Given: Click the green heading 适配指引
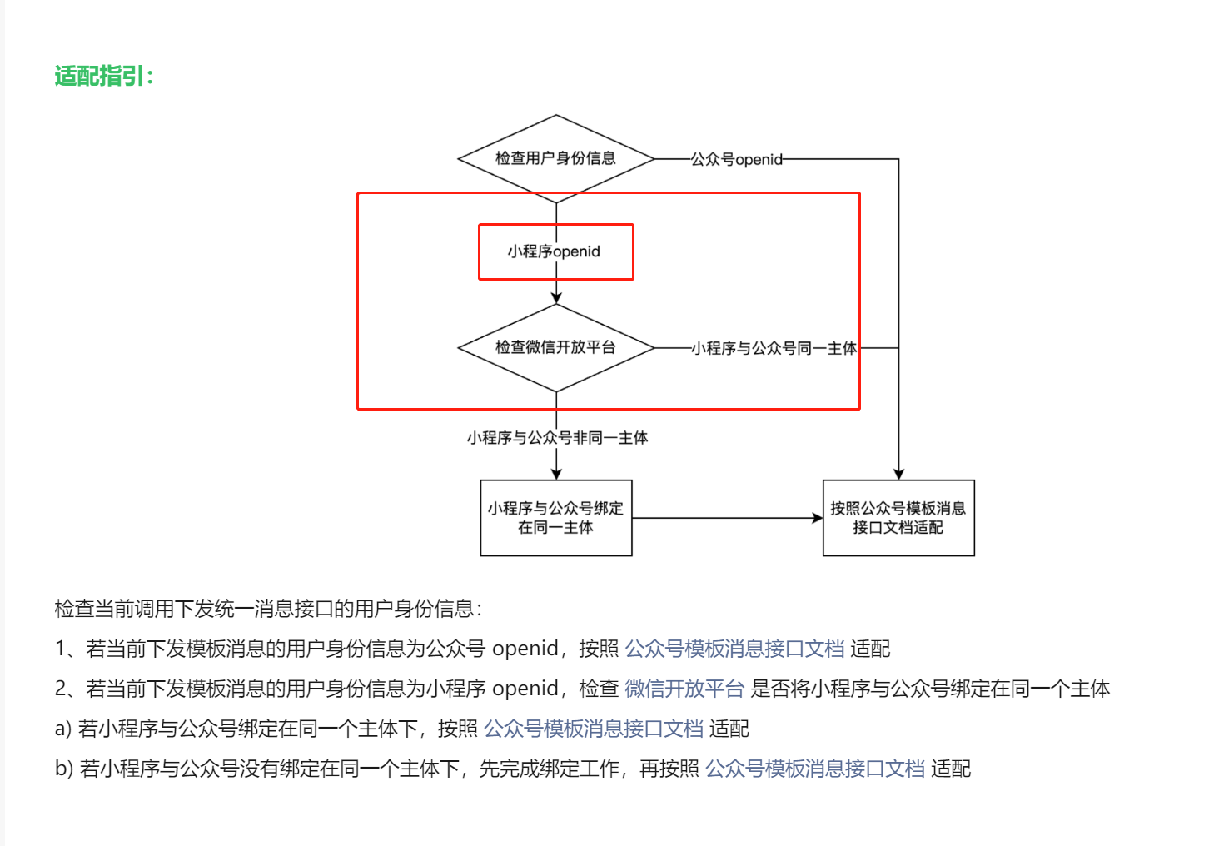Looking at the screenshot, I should pos(104,77).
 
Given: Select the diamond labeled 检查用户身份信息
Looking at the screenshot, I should pos(555,158).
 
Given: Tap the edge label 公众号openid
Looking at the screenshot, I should pos(736,159).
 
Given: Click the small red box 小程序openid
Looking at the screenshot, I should pos(555,251).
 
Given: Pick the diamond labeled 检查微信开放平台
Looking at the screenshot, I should pos(555,347).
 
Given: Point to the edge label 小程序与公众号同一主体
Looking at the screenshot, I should pos(774,348).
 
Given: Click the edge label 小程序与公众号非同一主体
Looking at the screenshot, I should pos(557,438).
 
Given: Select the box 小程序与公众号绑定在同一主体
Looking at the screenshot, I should pos(555,518).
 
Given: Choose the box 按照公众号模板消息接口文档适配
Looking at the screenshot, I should pos(898,518).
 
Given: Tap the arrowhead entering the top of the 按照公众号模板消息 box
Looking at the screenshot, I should pos(898,474).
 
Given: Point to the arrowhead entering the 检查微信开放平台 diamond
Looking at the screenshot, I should pos(556,297).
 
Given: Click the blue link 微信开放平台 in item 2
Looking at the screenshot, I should pos(684,689).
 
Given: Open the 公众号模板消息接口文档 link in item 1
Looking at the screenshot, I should pos(734,649).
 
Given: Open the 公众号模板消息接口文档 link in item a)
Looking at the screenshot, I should pos(593,729).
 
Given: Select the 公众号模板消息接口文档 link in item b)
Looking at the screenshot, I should pos(815,769).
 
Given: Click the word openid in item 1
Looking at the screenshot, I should pos(525,649).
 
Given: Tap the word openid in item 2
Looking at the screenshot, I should pos(525,689).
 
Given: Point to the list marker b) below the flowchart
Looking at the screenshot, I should pos(64,769).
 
